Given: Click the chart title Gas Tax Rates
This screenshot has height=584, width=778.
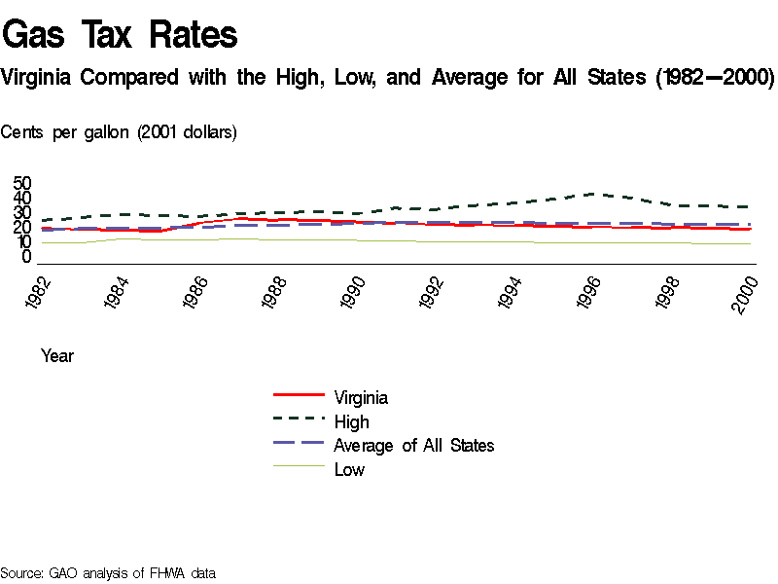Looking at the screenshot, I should (x=121, y=35).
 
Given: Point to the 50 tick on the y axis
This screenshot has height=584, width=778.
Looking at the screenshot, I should (x=22, y=184).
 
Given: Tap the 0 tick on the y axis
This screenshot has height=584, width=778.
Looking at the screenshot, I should (x=27, y=257).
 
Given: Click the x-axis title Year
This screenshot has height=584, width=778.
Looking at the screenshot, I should (x=57, y=356).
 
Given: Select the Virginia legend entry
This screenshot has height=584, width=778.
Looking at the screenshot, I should (x=361, y=397).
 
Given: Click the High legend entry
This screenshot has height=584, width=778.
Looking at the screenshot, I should (x=351, y=421).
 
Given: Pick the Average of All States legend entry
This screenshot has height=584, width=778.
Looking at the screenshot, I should (x=413, y=446).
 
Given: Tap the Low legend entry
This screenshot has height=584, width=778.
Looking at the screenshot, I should (x=349, y=470).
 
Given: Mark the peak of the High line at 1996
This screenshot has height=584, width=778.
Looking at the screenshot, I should (x=596, y=194).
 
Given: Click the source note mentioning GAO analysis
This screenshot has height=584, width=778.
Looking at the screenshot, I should (x=108, y=572).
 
